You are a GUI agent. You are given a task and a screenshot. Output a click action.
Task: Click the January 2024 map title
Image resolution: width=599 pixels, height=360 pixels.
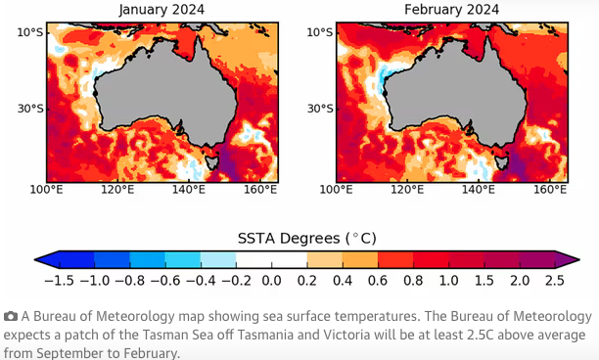coord(161,10)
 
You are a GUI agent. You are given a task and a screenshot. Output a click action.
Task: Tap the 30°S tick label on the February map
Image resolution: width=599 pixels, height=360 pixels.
coord(317,109)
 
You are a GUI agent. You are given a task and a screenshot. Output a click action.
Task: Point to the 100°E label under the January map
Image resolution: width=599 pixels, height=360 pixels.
coord(47,189)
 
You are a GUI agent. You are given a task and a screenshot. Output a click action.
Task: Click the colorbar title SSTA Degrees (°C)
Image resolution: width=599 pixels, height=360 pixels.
coord(306,238)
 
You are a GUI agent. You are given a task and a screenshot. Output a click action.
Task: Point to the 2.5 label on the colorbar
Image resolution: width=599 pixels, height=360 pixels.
coord(554,281)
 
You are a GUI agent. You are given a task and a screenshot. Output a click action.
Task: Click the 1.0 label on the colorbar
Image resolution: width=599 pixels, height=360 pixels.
coord(448,281)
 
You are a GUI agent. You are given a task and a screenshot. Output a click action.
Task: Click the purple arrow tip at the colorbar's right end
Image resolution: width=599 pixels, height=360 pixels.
coord(567,259)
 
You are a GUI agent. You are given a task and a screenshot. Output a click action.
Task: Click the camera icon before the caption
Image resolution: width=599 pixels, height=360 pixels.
coord(11,317)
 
